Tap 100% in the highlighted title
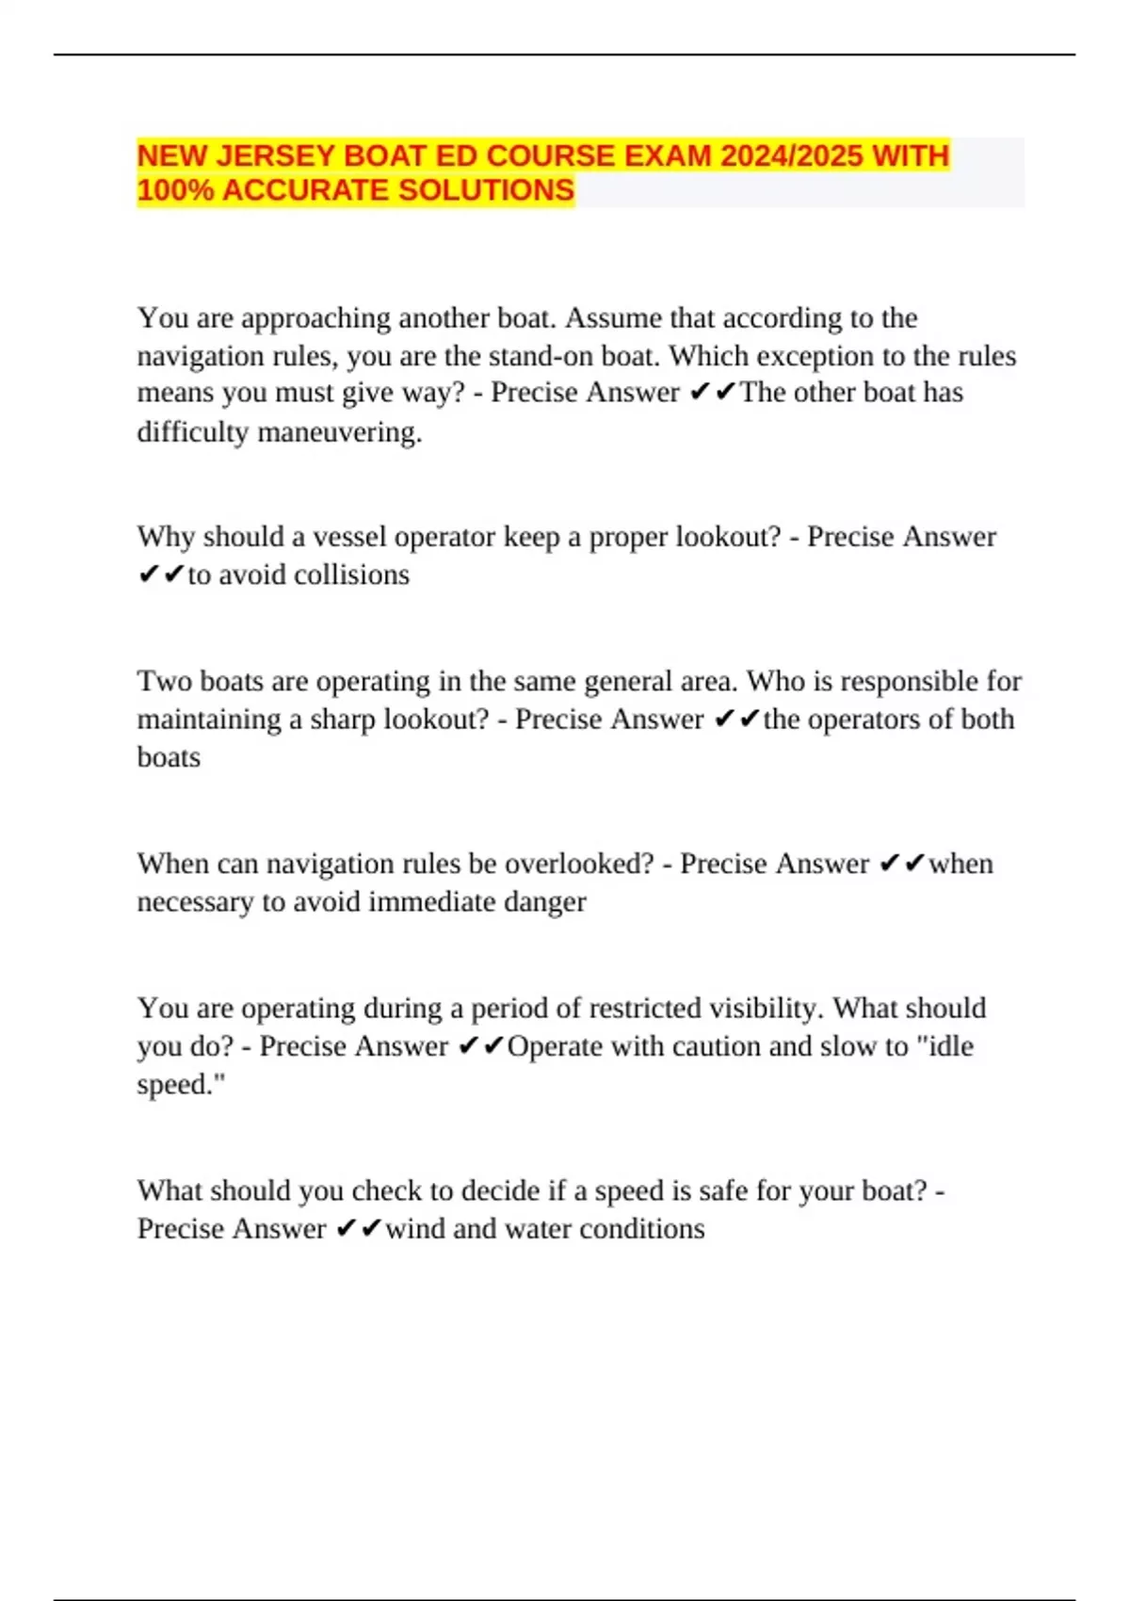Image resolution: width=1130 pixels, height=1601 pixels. click(x=175, y=190)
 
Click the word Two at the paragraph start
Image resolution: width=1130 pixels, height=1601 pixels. click(x=164, y=681)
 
